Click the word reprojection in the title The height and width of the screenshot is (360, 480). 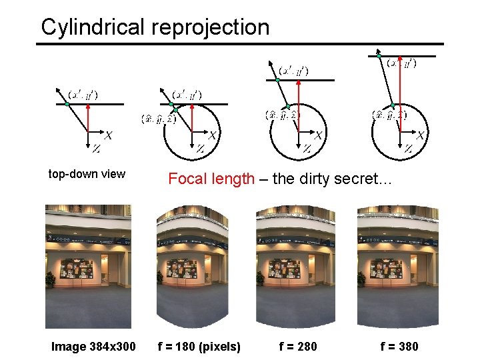(x=210, y=27)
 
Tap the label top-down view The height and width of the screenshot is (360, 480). (x=87, y=174)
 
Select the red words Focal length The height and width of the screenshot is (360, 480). (x=211, y=179)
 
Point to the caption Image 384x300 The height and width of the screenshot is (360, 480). (x=93, y=346)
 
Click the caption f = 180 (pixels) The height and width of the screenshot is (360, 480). (x=199, y=346)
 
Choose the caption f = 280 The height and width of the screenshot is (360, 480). (x=299, y=346)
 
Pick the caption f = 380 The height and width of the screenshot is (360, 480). (x=399, y=346)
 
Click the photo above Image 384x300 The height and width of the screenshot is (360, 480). (x=89, y=267)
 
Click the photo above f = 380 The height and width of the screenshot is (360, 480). (x=398, y=267)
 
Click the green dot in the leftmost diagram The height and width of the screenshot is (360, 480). (x=67, y=105)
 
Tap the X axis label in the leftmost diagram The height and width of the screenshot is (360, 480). (x=108, y=135)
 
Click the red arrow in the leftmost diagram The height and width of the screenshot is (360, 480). (x=89, y=120)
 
